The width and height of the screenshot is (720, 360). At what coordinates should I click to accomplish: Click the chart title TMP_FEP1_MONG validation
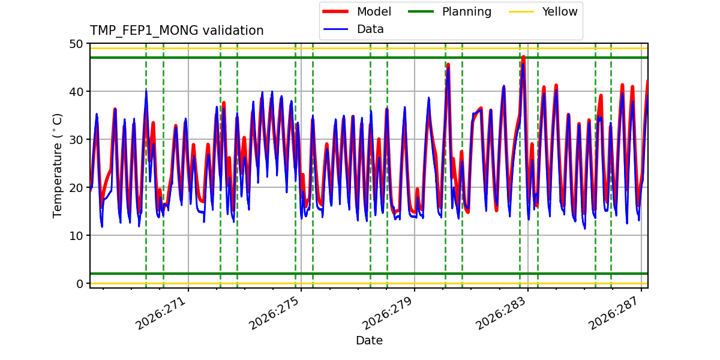(x=176, y=31)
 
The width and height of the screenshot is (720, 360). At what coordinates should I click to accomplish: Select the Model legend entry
(x=357, y=11)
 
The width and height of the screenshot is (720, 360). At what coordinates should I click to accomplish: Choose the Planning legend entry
(x=449, y=11)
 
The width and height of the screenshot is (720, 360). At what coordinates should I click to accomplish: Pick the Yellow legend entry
(x=543, y=11)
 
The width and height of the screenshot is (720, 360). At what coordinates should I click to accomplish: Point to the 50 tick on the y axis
(x=76, y=44)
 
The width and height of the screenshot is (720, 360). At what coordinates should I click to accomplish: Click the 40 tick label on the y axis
(x=76, y=92)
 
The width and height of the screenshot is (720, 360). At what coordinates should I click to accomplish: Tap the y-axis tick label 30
(x=76, y=140)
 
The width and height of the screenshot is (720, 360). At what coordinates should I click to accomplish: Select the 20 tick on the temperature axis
(x=76, y=188)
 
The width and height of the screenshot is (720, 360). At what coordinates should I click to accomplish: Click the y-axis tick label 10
(x=76, y=236)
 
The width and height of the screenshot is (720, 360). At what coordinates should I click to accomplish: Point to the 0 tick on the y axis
(x=79, y=284)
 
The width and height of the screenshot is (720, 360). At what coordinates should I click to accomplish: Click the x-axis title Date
(x=369, y=340)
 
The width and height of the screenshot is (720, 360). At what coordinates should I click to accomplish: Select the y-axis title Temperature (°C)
(x=57, y=166)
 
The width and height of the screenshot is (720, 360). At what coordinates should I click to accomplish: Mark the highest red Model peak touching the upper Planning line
(x=523, y=58)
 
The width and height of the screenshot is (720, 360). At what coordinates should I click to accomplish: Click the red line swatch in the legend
(x=335, y=11)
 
